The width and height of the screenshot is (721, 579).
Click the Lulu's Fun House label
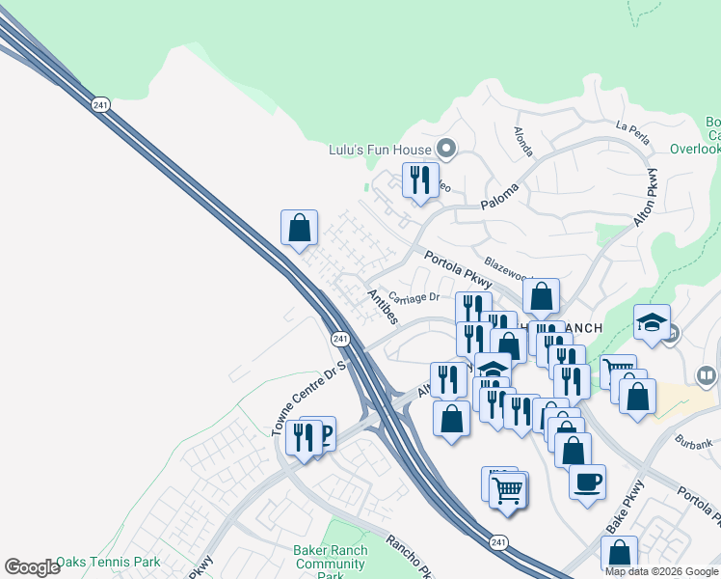pyautogui.click(x=380, y=149)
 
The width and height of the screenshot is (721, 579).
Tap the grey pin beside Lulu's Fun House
pyautogui.click(x=445, y=149)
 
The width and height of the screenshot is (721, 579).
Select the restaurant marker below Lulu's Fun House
pyautogui.click(x=420, y=181)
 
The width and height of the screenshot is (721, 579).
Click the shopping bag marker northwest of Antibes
pyautogui.click(x=300, y=229)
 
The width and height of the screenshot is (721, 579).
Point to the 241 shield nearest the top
pyautogui.click(x=100, y=104)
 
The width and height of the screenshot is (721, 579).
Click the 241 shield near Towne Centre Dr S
pyautogui.click(x=339, y=339)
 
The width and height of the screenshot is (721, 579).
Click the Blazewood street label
pyautogui.click(x=508, y=266)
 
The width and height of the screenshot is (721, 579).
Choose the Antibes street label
pyautogui.click(x=381, y=306)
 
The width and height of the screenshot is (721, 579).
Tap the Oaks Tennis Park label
pyautogui.click(x=108, y=562)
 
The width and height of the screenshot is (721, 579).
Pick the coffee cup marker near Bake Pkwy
pyautogui.click(x=586, y=482)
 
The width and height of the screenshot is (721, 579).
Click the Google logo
pyautogui.click(x=31, y=567)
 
